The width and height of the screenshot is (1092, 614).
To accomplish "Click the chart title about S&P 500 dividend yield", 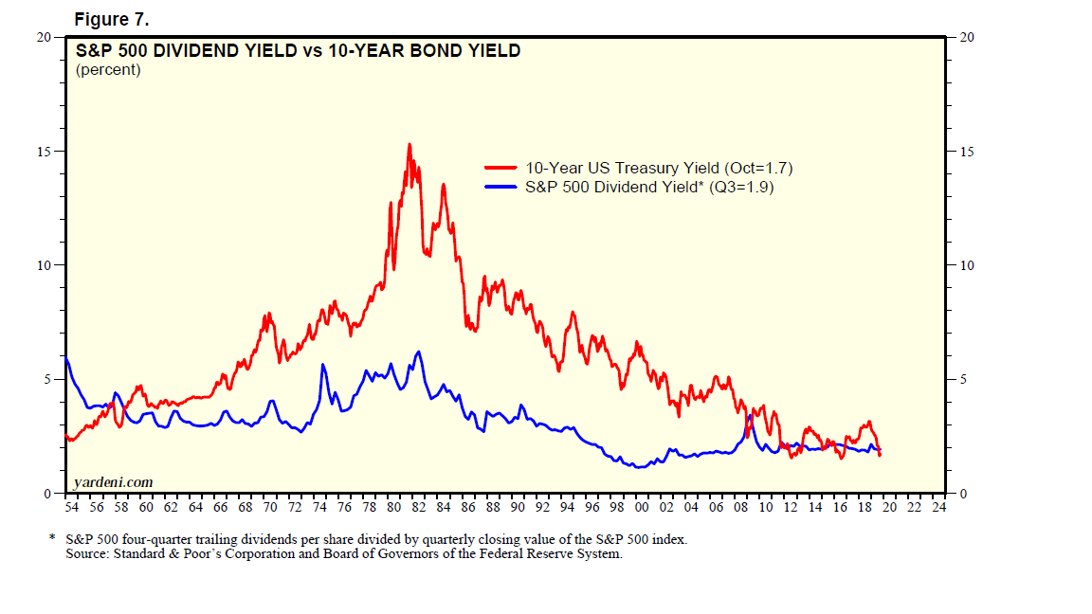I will [298, 51].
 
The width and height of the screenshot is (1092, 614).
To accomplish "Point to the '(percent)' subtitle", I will [108, 69].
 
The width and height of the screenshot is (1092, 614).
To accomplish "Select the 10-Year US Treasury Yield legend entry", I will [659, 168].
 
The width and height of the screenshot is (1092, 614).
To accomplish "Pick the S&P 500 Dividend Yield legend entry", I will [649, 187].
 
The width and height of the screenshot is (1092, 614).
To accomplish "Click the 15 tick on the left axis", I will [44, 152].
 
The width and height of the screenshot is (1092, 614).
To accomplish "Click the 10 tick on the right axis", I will [967, 265].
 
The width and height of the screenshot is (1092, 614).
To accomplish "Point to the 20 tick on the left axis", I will [44, 37].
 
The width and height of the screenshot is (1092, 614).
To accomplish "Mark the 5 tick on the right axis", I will [963, 380].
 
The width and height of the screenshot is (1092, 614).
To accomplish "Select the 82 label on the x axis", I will [418, 508].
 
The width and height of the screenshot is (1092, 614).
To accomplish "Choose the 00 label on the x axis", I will [642, 508].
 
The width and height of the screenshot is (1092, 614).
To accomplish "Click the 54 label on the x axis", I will [71, 508].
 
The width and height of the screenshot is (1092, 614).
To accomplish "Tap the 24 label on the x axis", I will [938, 508].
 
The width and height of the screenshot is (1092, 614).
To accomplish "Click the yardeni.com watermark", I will [112, 482].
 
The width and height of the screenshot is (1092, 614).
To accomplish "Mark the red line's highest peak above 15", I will [409, 144].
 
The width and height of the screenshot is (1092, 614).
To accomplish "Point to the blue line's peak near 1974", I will [323, 365].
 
